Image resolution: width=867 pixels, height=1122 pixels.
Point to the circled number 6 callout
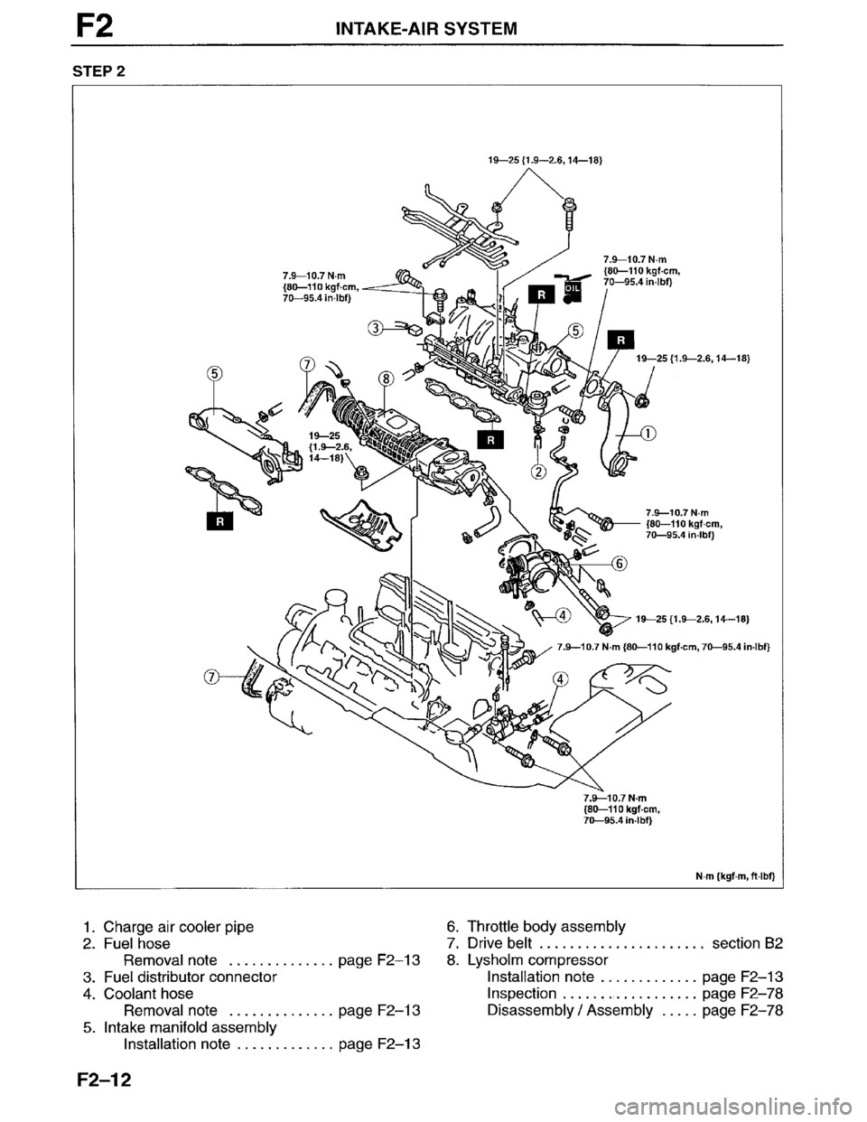(620, 563)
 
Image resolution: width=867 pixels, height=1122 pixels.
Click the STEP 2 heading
(94, 67)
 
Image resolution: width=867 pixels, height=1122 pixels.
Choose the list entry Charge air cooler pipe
(179, 926)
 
